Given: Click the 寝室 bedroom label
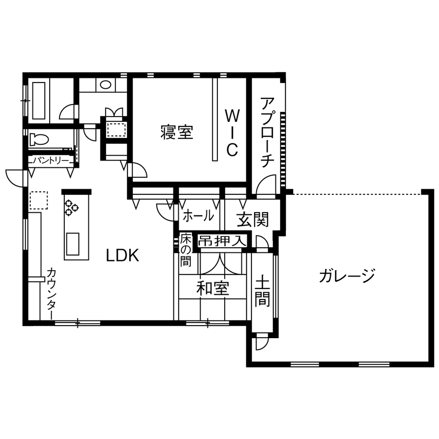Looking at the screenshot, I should (177, 133).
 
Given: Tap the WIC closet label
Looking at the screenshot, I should (232, 132).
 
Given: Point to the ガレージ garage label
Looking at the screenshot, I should (347, 275).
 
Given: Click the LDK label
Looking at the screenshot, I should (122, 256).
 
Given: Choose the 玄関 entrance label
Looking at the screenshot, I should (253, 220).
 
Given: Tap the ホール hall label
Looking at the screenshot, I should (198, 215).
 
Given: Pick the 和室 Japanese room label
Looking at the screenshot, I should (213, 288).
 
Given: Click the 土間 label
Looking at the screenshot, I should (262, 292).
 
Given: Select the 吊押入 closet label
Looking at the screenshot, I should (222, 241).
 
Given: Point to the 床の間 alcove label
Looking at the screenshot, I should (186, 251).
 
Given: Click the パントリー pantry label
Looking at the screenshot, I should (51, 160).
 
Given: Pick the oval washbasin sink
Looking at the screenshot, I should (105, 84).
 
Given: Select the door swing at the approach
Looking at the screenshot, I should (267, 185).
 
